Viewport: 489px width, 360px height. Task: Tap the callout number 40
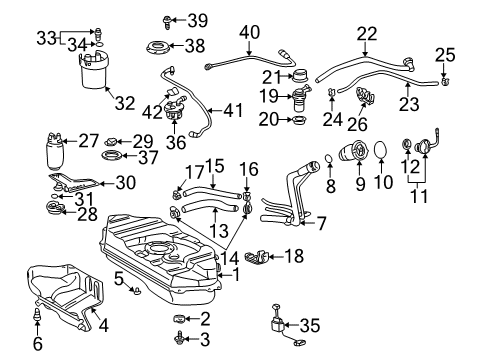(248, 32)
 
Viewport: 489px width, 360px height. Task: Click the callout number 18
(293, 256)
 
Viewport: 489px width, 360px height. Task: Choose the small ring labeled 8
(329, 160)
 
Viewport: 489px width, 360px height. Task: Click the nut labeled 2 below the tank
(180, 317)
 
